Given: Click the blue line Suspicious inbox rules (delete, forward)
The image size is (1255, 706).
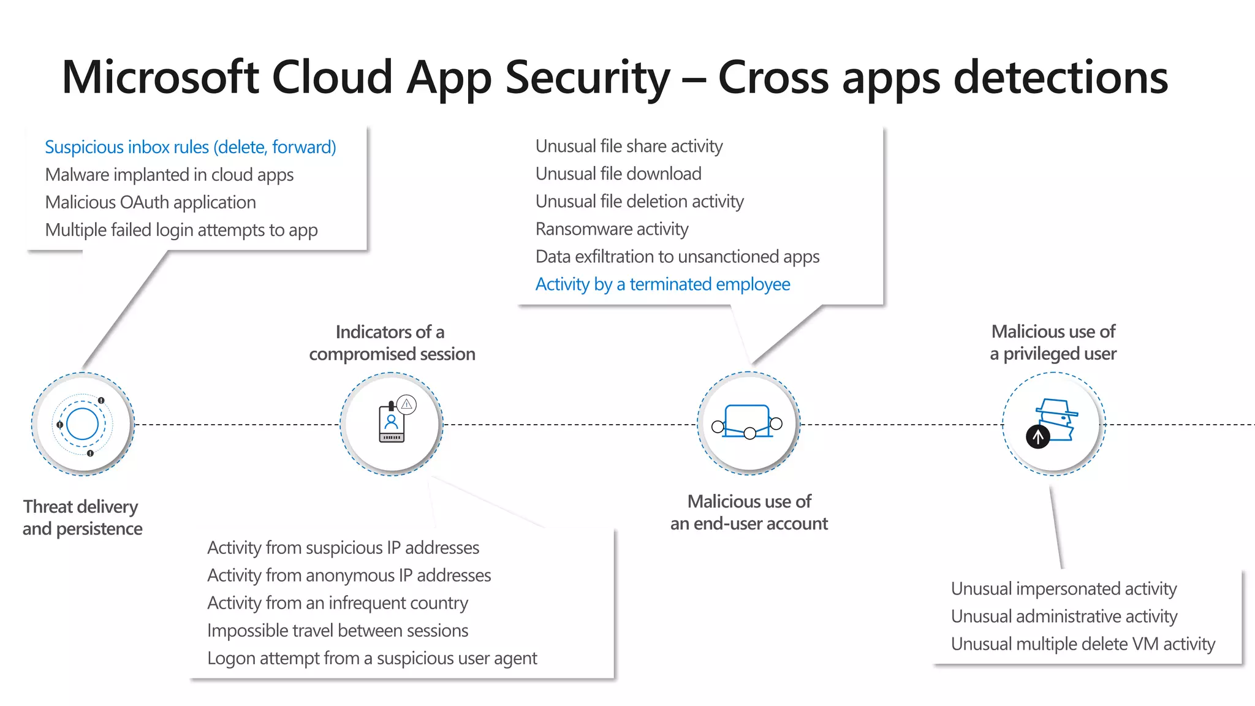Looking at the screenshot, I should click(190, 147).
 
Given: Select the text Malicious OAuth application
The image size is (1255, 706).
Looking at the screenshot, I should click(150, 202).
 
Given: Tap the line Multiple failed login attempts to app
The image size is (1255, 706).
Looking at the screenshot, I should click(181, 230).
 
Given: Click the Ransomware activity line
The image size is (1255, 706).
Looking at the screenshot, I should click(612, 229).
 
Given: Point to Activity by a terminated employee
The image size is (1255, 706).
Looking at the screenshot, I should click(662, 284).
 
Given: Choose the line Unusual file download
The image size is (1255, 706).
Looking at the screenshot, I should click(618, 174).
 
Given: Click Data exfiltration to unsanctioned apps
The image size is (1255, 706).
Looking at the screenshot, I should click(677, 257).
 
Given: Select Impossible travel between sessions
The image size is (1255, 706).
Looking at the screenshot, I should click(337, 631).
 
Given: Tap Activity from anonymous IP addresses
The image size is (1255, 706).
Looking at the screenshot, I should click(349, 575).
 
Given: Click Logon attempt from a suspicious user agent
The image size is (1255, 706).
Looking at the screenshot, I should click(371, 658).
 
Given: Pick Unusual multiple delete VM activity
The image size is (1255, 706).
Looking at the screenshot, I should click(1082, 644).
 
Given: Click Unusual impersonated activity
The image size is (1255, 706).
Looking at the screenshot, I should click(1063, 589).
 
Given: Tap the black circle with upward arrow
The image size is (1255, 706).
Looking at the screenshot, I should click(1037, 437).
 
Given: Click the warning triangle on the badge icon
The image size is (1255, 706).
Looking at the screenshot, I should click(406, 404).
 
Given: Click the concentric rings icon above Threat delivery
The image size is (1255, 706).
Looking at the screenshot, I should click(82, 424).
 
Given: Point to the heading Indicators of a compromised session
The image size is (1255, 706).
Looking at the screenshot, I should click(392, 343).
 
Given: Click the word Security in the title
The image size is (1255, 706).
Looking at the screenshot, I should click(587, 78).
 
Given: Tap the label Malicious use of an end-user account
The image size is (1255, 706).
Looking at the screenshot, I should click(748, 512).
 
